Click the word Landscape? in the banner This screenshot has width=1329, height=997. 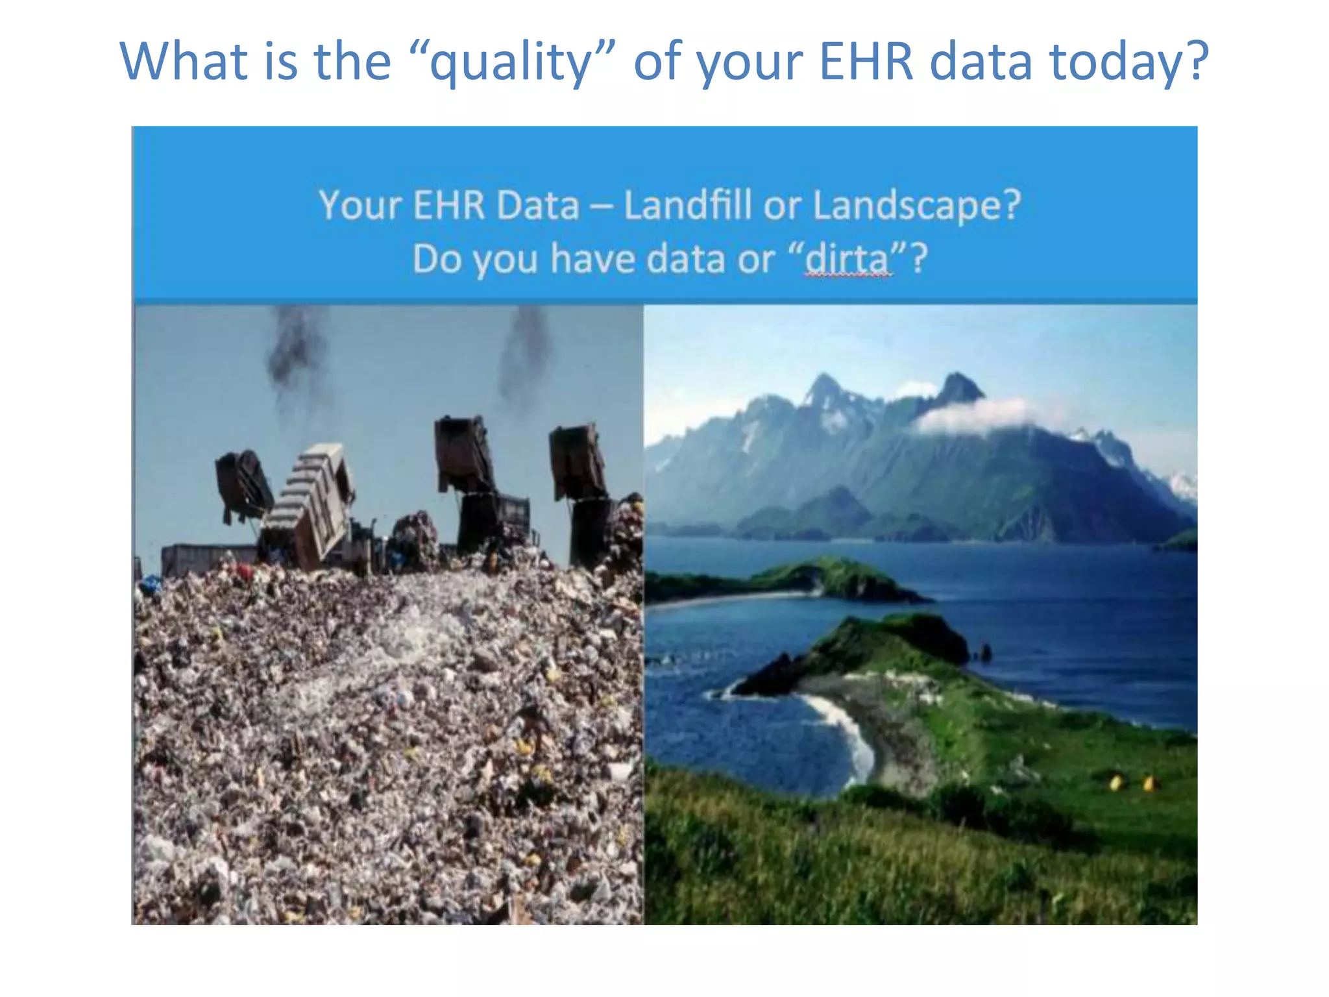pos(917,205)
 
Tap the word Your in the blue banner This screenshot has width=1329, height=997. pos(360,205)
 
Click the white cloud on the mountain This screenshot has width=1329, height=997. pos(973,415)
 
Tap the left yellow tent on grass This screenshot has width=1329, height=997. pos(1115,782)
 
